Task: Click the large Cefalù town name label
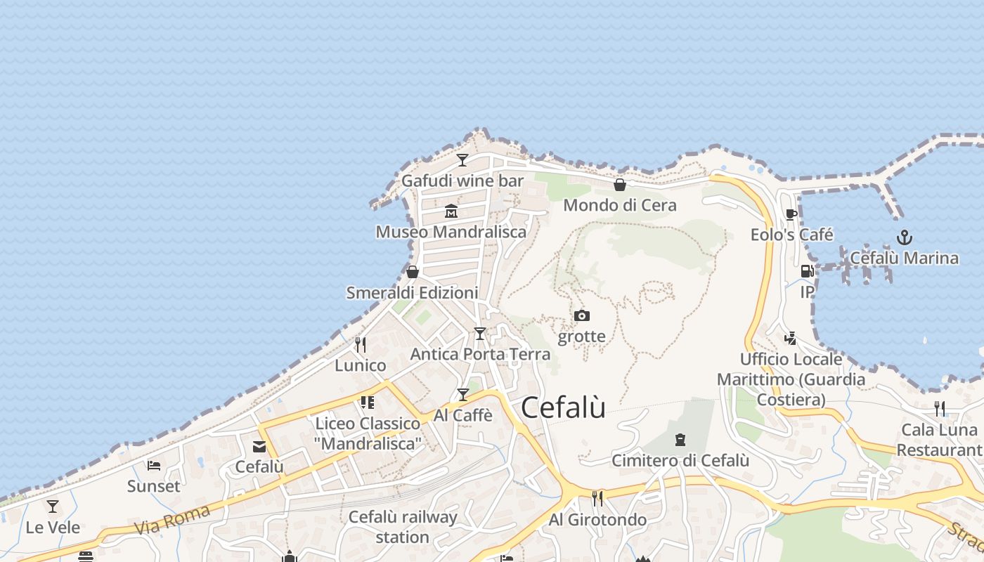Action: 563,407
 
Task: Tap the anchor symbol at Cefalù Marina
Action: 905,237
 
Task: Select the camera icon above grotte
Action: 581,316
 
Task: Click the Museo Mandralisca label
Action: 451,232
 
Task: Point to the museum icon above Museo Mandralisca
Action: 451,211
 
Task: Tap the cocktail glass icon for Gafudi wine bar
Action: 462,160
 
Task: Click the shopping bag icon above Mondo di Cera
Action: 620,185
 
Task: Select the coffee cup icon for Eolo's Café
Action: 791,214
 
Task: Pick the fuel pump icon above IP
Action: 807,271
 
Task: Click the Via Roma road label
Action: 171,519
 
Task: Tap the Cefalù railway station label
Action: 403,527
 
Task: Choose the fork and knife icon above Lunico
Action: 361,344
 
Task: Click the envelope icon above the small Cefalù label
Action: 259,446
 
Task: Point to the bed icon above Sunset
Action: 154,465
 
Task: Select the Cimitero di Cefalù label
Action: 680,461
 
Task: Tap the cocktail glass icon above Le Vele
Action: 53,506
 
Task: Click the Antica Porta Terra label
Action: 480,354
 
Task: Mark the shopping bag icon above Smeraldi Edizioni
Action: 413,272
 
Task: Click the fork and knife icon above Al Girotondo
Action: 597,499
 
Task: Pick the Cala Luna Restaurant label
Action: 940,440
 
